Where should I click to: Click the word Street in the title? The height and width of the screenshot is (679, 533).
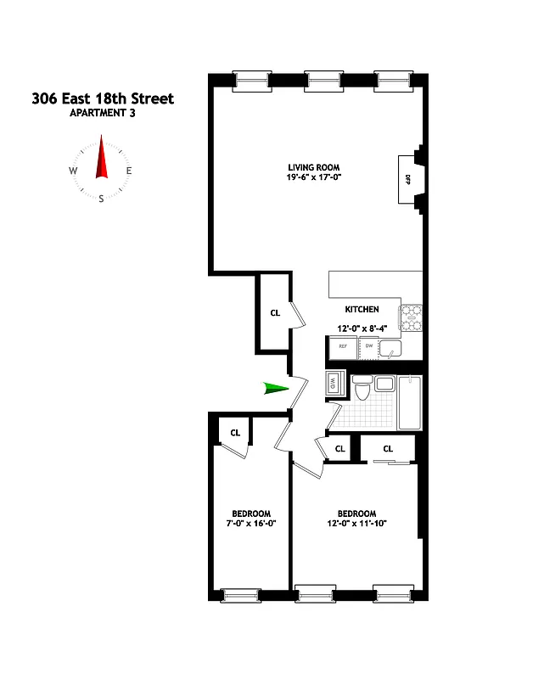click(x=148, y=98)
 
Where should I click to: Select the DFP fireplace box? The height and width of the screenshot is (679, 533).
click(x=407, y=179)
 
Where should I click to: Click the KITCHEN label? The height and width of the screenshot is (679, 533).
click(x=362, y=309)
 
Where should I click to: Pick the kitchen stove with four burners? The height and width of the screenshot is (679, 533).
click(x=411, y=317)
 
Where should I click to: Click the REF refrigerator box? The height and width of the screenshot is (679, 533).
click(x=343, y=346)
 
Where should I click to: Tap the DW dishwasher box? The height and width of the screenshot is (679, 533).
click(x=369, y=346)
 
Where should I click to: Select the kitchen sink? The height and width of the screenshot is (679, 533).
click(x=391, y=347)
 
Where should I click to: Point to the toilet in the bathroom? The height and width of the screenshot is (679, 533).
click(x=363, y=389)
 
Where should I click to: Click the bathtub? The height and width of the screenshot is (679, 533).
click(x=411, y=402)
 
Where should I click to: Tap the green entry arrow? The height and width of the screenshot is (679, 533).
click(x=274, y=389)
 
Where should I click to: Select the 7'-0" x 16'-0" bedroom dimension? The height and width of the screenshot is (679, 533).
click(x=251, y=525)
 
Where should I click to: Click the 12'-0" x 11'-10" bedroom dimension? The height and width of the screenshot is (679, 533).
click(x=356, y=525)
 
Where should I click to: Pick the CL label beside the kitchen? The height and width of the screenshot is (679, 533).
click(x=275, y=313)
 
